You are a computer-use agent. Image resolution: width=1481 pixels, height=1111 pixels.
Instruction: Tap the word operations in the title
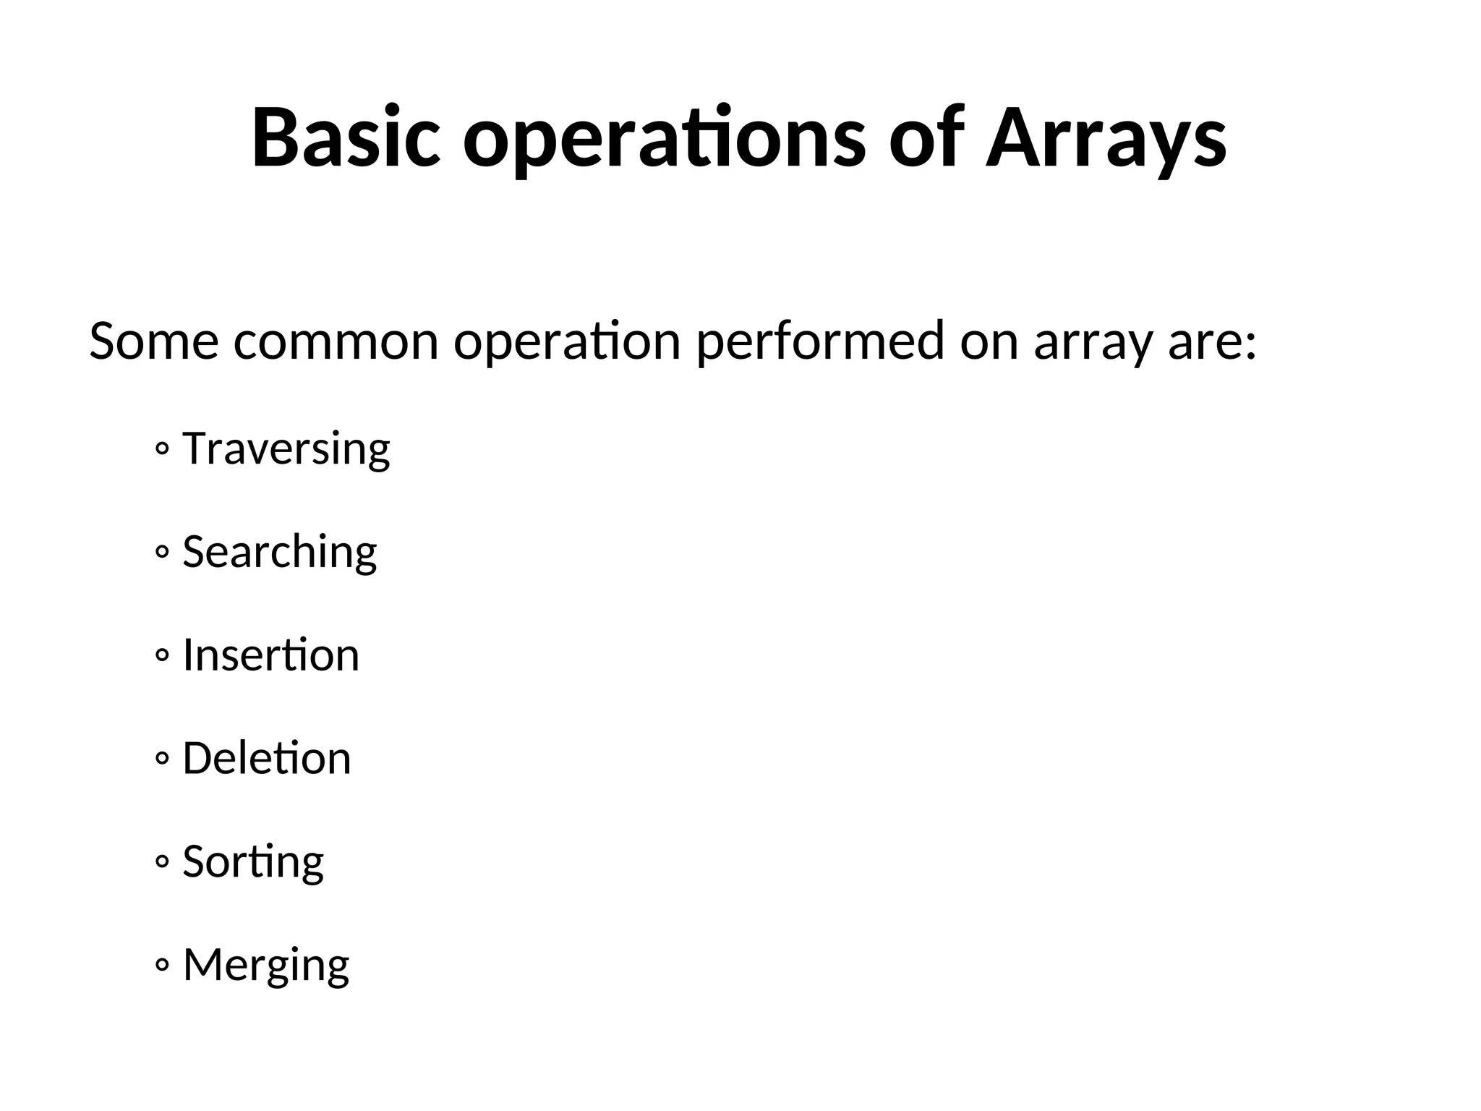point(664,141)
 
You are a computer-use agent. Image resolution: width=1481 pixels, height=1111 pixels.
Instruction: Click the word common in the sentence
point(336,341)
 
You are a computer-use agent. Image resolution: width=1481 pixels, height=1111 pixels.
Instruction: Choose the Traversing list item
point(286,449)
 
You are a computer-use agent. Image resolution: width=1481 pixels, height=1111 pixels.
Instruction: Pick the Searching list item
point(280,553)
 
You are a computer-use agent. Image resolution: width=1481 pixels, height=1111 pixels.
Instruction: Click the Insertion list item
point(271,655)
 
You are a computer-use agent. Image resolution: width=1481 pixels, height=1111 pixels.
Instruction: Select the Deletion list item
point(267,759)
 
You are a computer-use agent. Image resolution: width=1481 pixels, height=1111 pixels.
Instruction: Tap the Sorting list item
point(253,862)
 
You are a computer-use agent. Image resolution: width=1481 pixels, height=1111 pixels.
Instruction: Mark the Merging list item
point(266,966)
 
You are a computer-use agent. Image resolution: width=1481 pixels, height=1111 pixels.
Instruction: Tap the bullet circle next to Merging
point(162,966)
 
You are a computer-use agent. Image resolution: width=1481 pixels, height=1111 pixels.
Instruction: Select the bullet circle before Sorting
point(162,862)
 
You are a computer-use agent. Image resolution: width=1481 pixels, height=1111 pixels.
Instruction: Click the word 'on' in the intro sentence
point(989,341)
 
